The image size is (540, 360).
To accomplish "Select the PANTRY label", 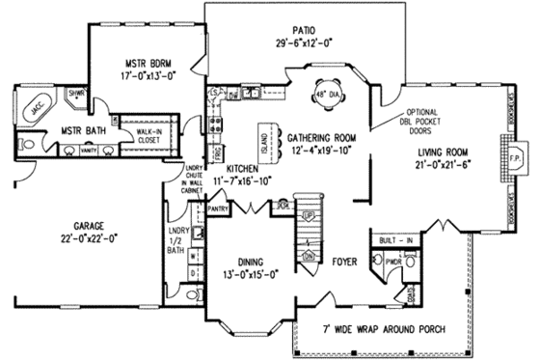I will point(218,208).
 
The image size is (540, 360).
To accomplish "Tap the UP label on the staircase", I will point(309,214).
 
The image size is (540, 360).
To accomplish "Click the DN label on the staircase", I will point(309,255).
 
